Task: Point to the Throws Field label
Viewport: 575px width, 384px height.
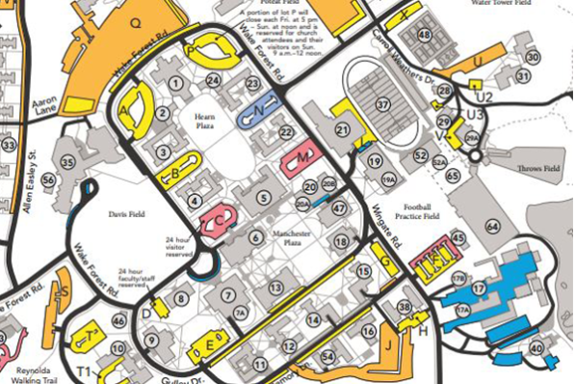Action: (x=537, y=169)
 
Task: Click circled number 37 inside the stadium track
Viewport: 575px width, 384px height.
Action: (x=382, y=104)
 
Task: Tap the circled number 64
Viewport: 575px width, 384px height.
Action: (x=492, y=227)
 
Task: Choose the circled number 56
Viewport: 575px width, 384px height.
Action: (x=68, y=163)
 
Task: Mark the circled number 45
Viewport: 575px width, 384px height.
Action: (x=457, y=238)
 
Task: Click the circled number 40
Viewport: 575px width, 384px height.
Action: (x=536, y=349)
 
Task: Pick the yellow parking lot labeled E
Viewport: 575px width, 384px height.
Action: (x=209, y=347)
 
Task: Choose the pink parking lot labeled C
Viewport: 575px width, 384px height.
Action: (x=220, y=220)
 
